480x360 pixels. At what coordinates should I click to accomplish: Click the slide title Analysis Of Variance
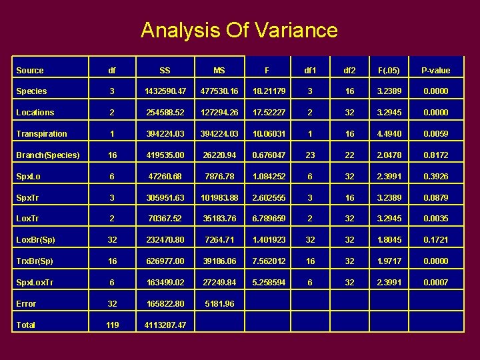click(x=239, y=30)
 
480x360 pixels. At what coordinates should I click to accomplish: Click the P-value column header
click(x=435, y=70)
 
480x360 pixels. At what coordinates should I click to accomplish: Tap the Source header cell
click(x=30, y=70)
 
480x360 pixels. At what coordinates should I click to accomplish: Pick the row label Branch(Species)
click(x=47, y=155)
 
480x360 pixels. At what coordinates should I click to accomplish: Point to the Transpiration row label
click(x=42, y=133)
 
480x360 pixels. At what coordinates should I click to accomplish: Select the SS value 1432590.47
click(x=165, y=91)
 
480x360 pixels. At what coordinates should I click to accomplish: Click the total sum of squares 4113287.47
click(x=165, y=325)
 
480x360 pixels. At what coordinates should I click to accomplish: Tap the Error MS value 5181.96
click(x=219, y=303)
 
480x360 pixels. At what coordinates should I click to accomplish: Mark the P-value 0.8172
click(x=435, y=155)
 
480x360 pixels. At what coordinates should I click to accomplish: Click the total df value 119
click(x=112, y=325)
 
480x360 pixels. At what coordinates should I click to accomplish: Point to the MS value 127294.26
click(x=219, y=112)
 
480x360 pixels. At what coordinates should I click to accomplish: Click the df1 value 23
click(x=310, y=155)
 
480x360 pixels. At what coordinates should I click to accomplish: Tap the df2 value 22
click(x=349, y=155)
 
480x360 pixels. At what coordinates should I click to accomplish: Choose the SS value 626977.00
click(x=165, y=261)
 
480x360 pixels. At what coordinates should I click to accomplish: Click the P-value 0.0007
click(x=435, y=282)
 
